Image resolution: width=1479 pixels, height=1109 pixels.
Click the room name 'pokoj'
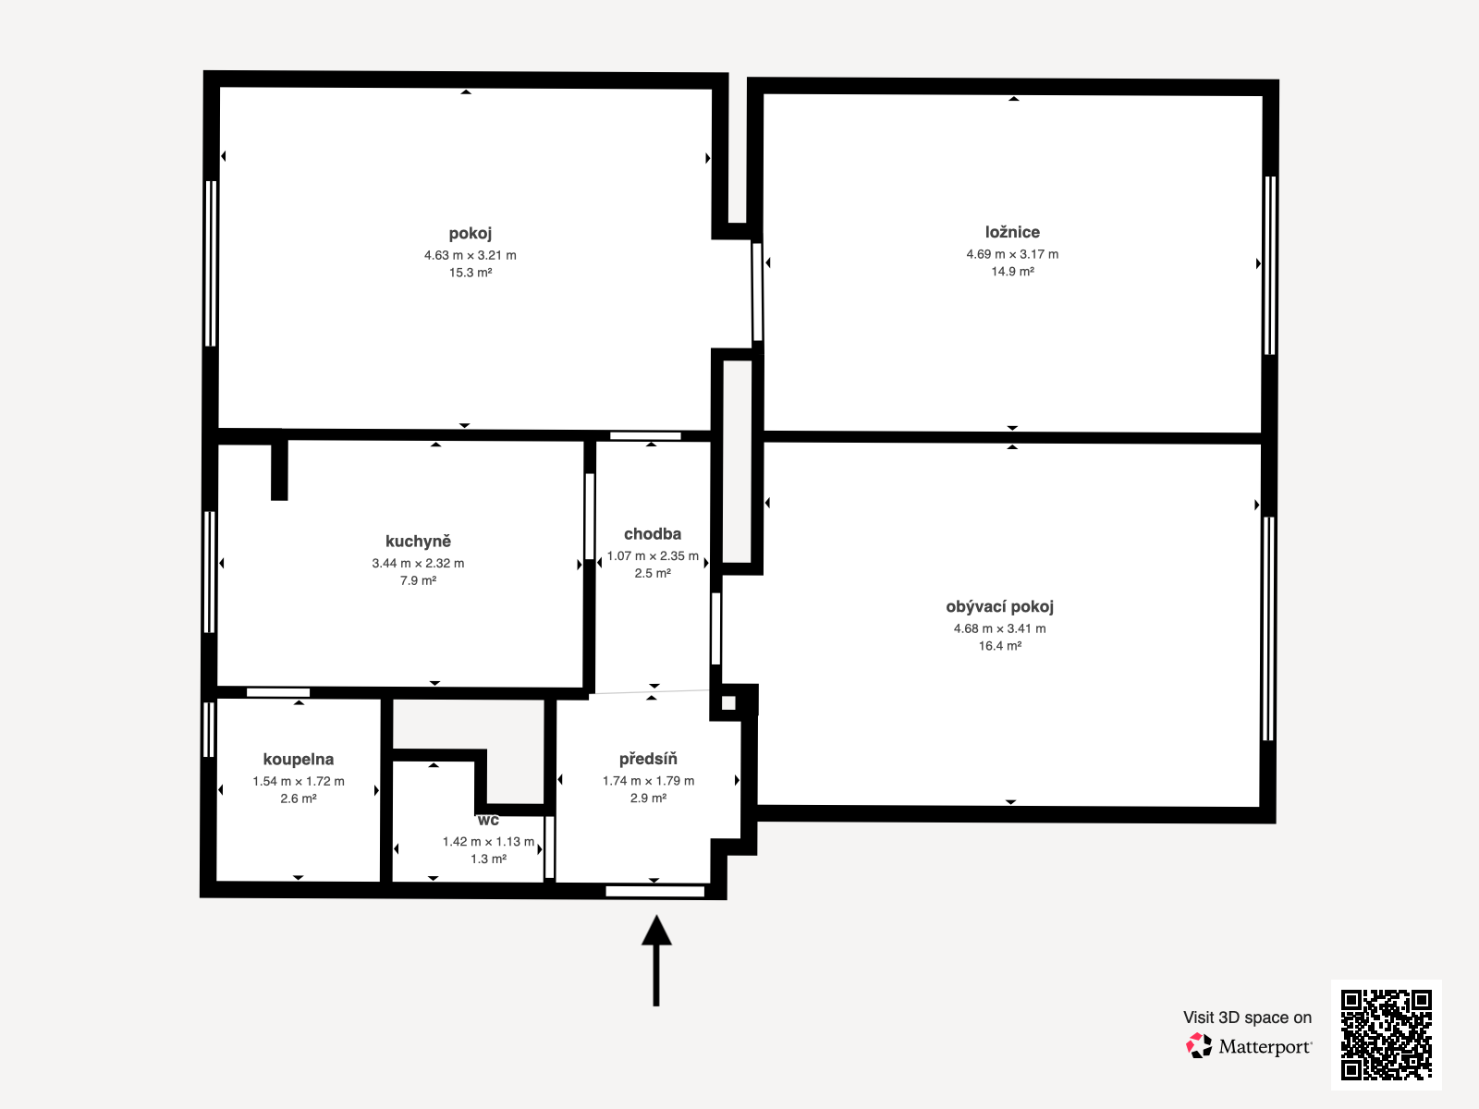pos(471,234)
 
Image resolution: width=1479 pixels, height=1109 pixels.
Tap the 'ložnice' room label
pos(1012,232)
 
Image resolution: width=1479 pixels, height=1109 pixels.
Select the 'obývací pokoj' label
pos(1000,607)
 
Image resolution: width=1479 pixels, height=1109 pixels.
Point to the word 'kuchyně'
pos(418,542)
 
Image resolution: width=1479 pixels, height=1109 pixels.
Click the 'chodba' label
pos(653,534)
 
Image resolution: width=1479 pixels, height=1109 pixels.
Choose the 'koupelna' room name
pos(299,760)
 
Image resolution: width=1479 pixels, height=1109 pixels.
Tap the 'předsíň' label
pos(648,759)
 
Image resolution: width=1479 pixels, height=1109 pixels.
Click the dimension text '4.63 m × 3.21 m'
pos(471,255)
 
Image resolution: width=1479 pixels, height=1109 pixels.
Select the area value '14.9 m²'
pos(1012,272)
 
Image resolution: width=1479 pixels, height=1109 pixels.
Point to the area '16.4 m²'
pos(1000,646)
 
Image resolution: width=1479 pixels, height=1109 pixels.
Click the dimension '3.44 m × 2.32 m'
pos(418,563)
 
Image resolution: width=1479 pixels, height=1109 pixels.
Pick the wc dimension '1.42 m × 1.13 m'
pos(488,842)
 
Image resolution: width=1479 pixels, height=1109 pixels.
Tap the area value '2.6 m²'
pos(299,798)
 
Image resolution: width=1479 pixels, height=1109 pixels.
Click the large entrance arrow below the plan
pos(656,960)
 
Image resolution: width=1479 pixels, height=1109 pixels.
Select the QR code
pos(1386,1034)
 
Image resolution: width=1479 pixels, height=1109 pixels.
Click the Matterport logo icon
pos(1199,1046)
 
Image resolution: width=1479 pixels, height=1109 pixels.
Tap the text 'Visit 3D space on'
pos(1247,1018)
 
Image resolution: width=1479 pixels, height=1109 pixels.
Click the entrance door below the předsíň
pos(655,892)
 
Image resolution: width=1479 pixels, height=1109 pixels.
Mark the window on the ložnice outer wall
pos(1270,265)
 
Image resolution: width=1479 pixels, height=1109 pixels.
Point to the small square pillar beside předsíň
pos(728,703)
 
